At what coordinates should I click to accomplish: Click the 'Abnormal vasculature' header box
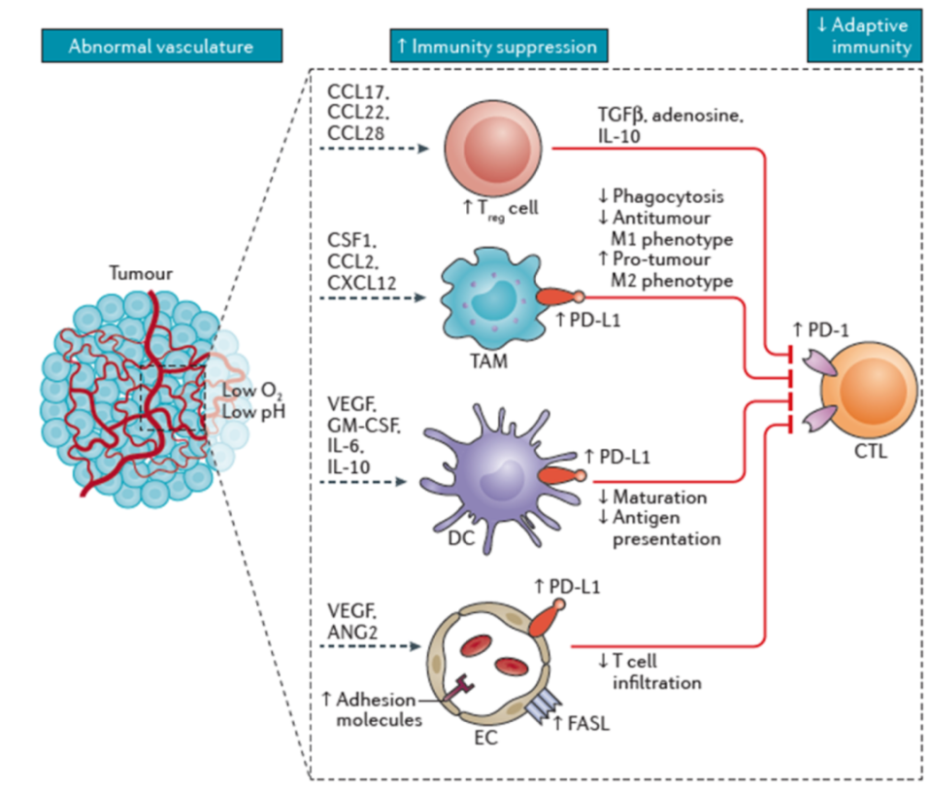[162, 46]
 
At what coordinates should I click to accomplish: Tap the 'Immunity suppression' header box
[499, 46]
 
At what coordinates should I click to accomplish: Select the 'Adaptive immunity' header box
[864, 35]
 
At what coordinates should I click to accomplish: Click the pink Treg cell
[493, 149]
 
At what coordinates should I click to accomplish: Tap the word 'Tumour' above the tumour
[141, 273]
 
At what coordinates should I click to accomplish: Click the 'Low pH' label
[253, 412]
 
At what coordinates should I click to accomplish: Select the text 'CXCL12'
[361, 282]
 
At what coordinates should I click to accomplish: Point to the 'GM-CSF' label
[364, 426]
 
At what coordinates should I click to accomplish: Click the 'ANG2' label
[351, 632]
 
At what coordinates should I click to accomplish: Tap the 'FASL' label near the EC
[588, 724]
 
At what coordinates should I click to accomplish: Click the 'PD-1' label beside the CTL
[828, 329]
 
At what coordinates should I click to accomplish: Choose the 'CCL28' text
[356, 132]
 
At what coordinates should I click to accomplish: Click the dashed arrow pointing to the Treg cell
[375, 148]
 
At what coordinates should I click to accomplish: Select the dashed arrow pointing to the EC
[370, 645]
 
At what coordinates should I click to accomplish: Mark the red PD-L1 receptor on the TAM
[560, 296]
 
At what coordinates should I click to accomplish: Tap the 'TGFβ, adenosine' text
[671, 115]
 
